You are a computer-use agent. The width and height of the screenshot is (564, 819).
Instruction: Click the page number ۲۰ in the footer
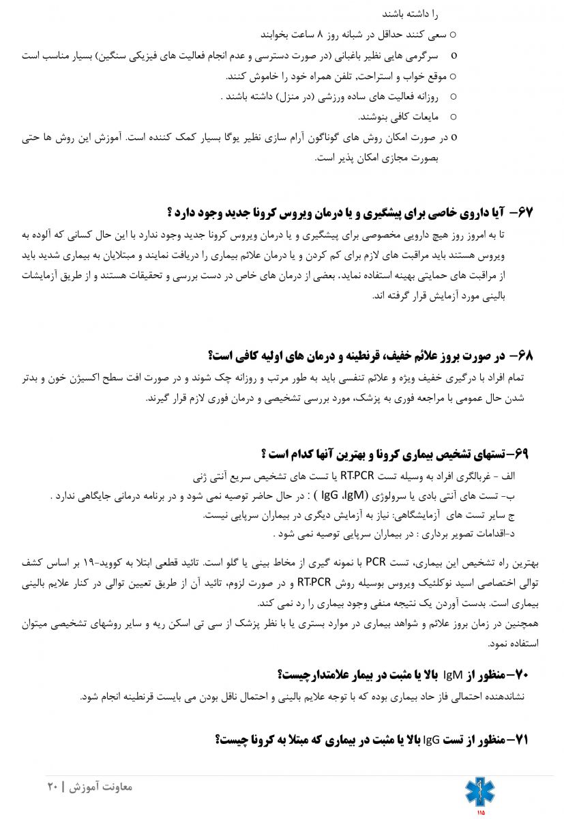click(x=53, y=787)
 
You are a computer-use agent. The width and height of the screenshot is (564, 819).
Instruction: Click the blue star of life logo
click(x=480, y=791)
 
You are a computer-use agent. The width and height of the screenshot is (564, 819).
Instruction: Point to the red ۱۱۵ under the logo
click(x=480, y=812)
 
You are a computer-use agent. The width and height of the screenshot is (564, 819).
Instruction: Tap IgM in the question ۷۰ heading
click(x=453, y=675)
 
